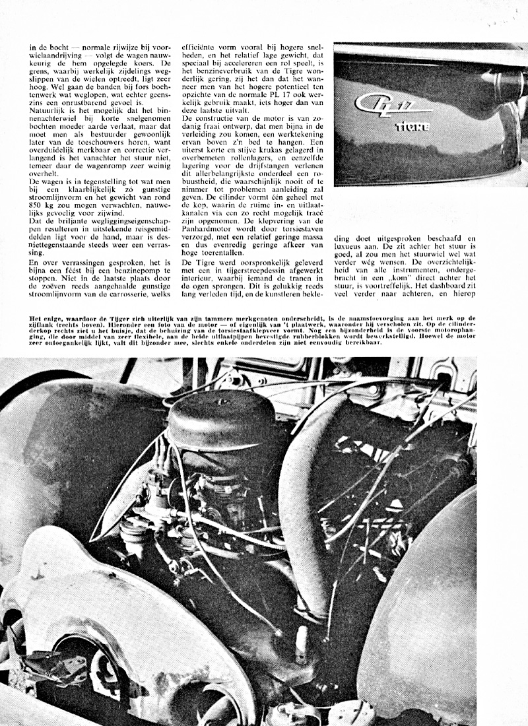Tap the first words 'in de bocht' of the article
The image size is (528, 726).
click(x=48, y=48)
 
